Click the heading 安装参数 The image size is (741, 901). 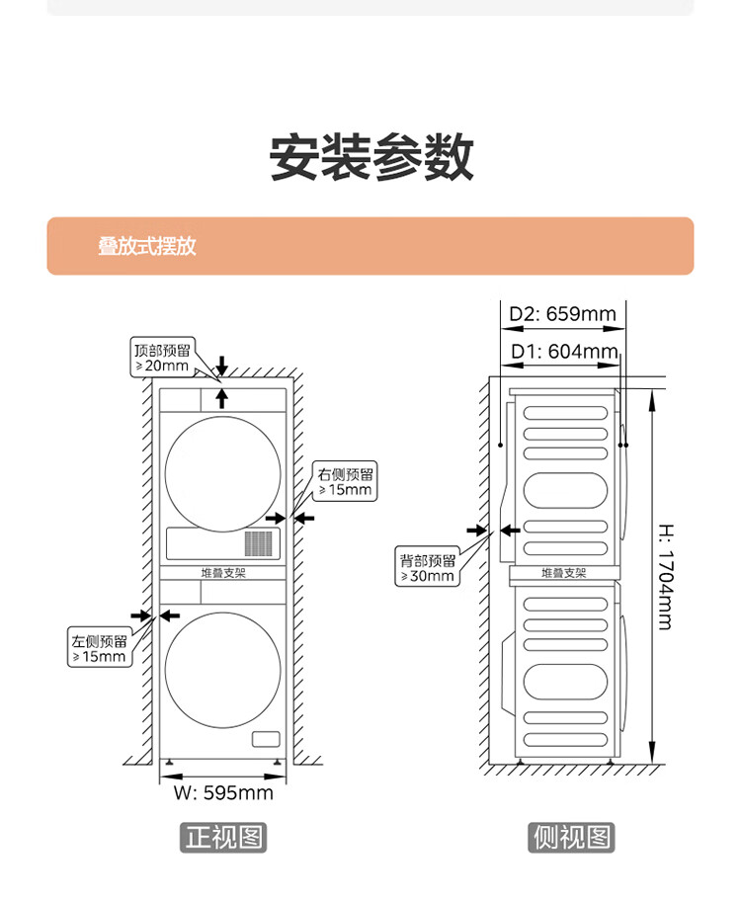coord(370,157)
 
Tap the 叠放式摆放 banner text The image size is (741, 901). coord(146,246)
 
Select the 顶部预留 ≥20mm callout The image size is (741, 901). coord(163,357)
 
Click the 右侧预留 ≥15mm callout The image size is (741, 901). coord(345,481)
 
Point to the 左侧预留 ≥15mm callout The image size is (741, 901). coord(99,648)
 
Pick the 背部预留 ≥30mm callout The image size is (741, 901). coord(427,568)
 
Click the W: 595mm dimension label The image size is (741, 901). coord(224,792)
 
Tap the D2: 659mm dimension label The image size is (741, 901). coord(562,315)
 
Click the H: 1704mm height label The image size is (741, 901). coord(665,576)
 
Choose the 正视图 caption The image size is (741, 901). coord(223,838)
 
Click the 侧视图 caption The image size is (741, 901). coord(571,838)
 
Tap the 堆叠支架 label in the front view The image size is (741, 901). coord(222,572)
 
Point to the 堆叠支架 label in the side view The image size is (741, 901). coord(563,573)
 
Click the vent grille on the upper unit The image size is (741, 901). coord(259,541)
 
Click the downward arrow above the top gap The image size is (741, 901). coord(222,366)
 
